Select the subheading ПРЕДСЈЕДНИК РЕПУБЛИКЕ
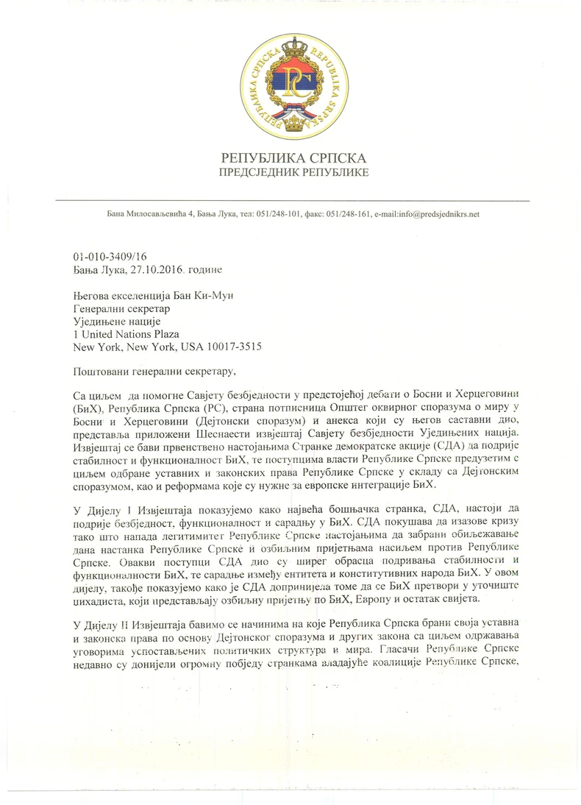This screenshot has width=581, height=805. pyautogui.click(x=293, y=173)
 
